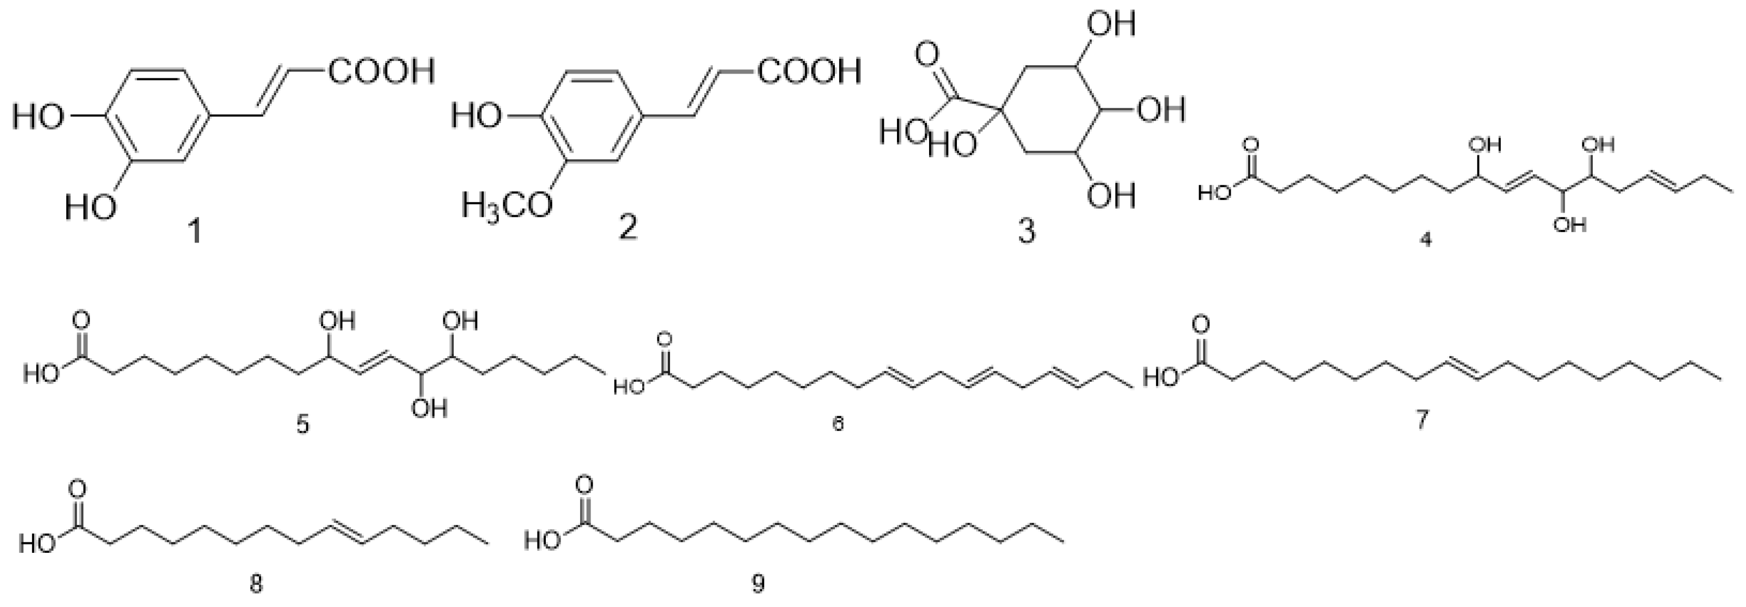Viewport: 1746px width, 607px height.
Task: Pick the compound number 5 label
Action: [303, 425]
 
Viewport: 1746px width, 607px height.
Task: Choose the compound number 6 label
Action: [839, 424]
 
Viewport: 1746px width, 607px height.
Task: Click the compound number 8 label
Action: [256, 584]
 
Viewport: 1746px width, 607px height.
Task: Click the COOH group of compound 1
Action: [381, 70]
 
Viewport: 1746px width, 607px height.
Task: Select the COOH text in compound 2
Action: [809, 70]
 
